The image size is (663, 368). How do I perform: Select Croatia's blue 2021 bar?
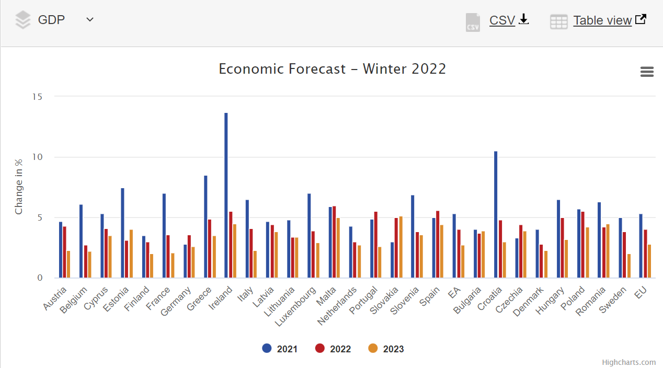tap(496, 214)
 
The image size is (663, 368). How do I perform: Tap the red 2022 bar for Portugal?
tap(375, 245)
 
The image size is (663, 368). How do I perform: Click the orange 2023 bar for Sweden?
tap(629, 266)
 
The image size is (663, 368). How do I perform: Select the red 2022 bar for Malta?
tap(334, 242)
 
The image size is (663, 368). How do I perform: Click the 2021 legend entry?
tap(280, 349)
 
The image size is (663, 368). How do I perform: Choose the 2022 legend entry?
tap(333, 349)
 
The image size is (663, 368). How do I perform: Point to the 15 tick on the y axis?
tap(37, 97)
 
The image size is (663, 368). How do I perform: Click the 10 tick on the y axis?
tap(37, 157)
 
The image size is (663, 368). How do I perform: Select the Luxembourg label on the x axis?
tap(296, 306)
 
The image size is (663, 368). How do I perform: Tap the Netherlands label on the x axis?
tap(337, 306)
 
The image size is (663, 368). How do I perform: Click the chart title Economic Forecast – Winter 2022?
tap(332, 69)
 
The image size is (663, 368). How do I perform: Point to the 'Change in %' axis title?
tap(19, 187)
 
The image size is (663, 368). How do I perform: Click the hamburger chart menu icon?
tap(647, 72)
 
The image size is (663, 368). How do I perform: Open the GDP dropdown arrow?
tap(90, 20)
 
